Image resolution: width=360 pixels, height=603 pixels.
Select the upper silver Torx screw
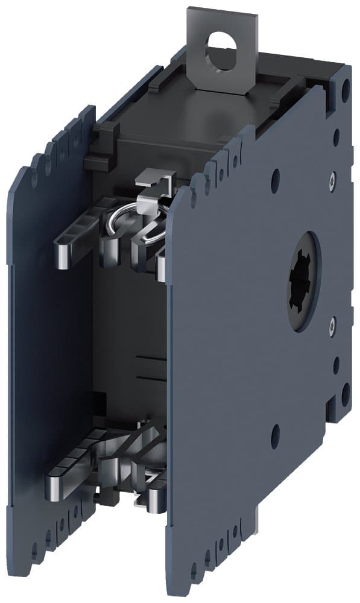point(333,179)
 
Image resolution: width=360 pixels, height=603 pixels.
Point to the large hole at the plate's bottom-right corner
point(345,394)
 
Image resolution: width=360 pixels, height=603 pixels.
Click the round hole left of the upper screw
point(276,177)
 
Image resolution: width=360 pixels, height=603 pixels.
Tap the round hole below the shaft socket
point(276,432)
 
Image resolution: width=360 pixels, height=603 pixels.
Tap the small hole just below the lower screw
point(336,365)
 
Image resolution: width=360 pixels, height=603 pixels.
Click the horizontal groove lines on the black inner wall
point(148,368)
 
